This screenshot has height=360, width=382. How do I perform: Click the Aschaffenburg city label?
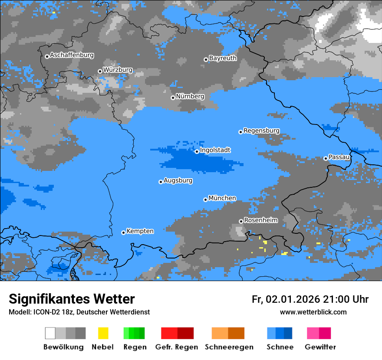point(72,56)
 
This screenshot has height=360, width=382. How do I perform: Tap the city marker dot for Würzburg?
point(100,71)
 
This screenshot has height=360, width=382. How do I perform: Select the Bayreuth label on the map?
point(223,58)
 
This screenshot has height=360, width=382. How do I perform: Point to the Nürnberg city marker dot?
point(173,98)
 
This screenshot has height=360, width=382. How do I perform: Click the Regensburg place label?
point(261,131)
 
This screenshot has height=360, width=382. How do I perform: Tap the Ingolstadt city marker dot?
point(197,151)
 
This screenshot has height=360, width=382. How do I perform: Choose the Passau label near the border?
point(339,157)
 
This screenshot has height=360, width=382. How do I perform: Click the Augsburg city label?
point(178,180)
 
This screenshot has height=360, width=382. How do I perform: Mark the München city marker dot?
point(205,200)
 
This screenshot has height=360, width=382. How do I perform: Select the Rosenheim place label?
point(260,220)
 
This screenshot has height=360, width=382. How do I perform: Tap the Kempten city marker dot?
point(123,232)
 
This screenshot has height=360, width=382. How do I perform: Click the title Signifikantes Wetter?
point(72,299)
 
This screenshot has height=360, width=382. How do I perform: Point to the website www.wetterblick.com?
point(313,312)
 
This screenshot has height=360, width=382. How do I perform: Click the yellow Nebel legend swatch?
point(103,333)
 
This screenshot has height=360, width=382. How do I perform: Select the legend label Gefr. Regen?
point(177,347)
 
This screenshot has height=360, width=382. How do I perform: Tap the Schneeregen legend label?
point(229,347)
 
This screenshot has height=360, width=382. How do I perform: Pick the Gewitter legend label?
point(320,347)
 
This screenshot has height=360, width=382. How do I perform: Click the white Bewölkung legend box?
point(50,333)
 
